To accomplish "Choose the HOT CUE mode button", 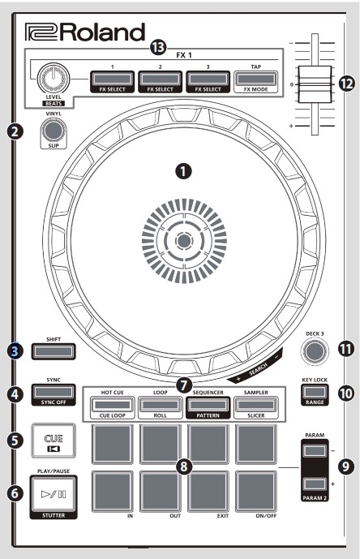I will pyautogui.click(x=113, y=382).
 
